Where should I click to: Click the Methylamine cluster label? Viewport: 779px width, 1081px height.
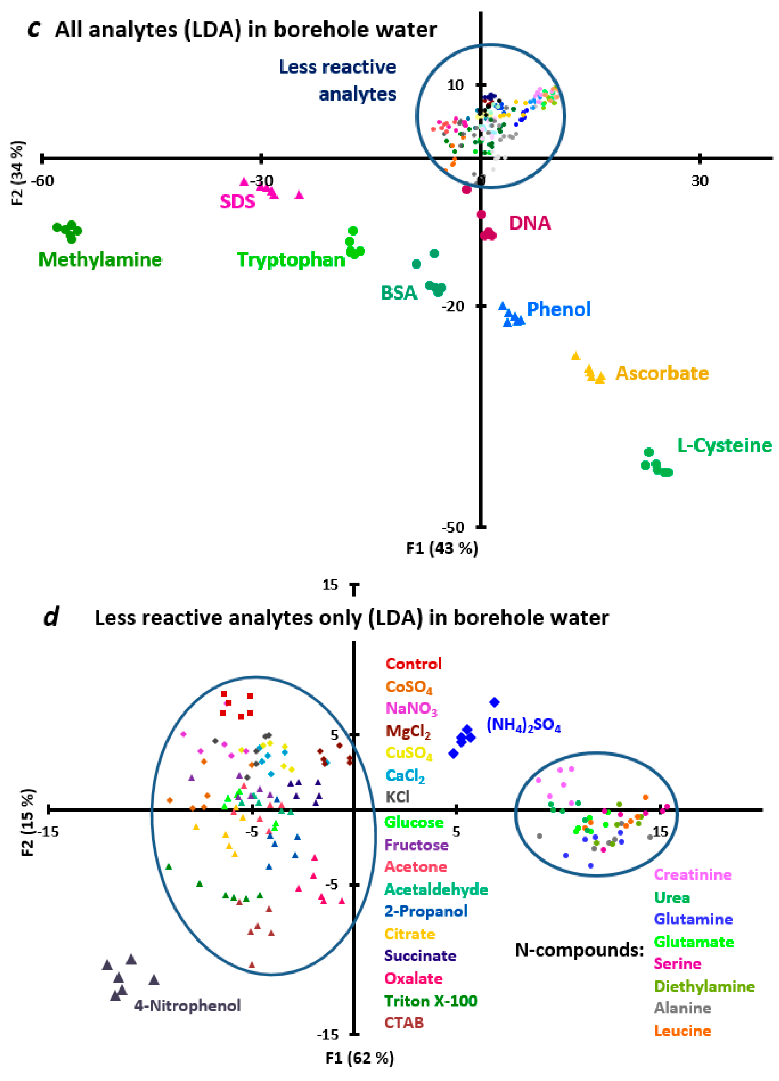point(100,260)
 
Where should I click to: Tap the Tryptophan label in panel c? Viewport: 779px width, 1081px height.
point(291,260)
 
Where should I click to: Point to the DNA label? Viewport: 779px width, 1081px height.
point(530,223)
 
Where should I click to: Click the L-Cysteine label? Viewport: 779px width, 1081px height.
point(724,446)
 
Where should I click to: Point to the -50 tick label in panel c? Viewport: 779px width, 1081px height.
point(452,527)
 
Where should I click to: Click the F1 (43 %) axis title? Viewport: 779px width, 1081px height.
point(442,549)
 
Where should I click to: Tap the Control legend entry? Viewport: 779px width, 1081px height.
point(413,664)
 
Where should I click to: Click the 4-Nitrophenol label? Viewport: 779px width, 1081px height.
point(187,1006)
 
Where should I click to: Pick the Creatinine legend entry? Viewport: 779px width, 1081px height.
point(692,875)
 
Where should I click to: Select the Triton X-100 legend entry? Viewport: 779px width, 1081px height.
point(431,1001)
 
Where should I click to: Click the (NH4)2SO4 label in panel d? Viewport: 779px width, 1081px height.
point(523,726)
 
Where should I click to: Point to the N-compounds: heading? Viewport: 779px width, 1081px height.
point(579,950)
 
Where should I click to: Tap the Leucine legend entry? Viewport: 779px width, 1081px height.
point(682,1031)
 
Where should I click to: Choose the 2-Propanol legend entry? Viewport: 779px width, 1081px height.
point(426,911)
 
